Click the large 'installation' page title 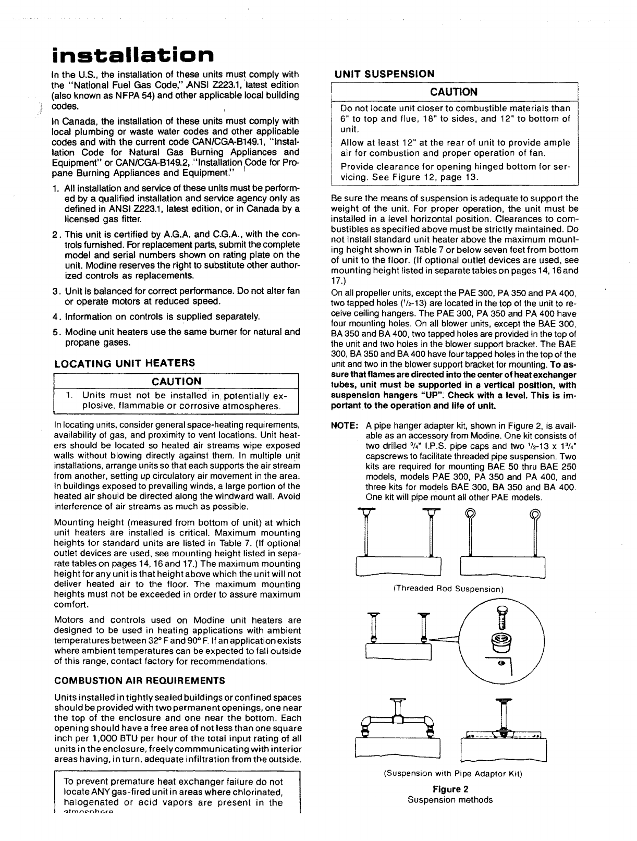[x=133, y=54]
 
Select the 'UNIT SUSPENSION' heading [x=384, y=74]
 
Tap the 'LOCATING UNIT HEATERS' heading [x=125, y=363]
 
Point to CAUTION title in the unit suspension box [x=454, y=92]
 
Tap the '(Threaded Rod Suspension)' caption [x=448, y=589]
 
